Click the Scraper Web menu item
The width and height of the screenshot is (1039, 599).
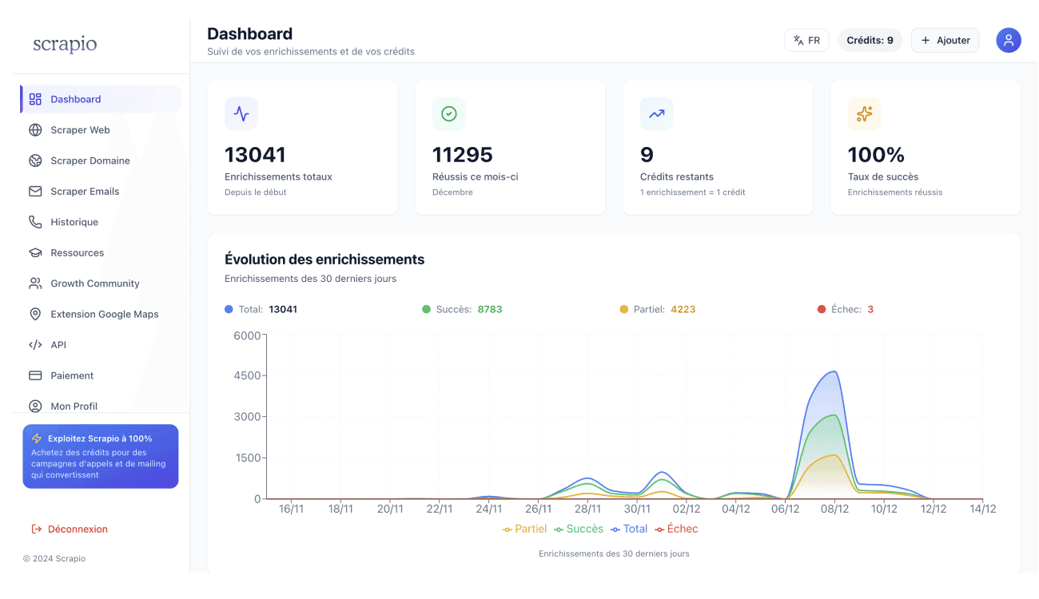pos(80,130)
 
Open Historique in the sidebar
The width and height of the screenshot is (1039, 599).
pos(74,222)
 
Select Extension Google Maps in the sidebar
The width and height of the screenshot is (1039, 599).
pos(104,314)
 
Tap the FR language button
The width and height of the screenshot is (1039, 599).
pos(806,40)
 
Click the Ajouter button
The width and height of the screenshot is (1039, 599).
pos(945,40)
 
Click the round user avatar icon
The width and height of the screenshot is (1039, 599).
pos(1009,40)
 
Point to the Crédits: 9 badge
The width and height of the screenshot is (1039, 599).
pos(870,40)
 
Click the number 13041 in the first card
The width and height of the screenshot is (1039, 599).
pos(255,154)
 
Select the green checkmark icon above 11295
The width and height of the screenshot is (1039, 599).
pos(449,114)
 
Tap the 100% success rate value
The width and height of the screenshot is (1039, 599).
pos(876,154)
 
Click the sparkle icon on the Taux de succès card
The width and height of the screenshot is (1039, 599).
pos(865,114)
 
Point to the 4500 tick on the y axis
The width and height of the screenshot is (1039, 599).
pos(247,375)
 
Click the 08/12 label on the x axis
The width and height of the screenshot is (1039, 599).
pos(834,509)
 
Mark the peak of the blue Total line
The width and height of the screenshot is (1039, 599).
pos(834,371)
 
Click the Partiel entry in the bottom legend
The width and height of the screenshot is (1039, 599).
pos(525,529)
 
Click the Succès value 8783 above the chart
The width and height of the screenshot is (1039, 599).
pos(490,309)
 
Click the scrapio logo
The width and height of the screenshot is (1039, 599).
pos(65,44)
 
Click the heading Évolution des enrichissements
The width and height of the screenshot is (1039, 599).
pos(324,260)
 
